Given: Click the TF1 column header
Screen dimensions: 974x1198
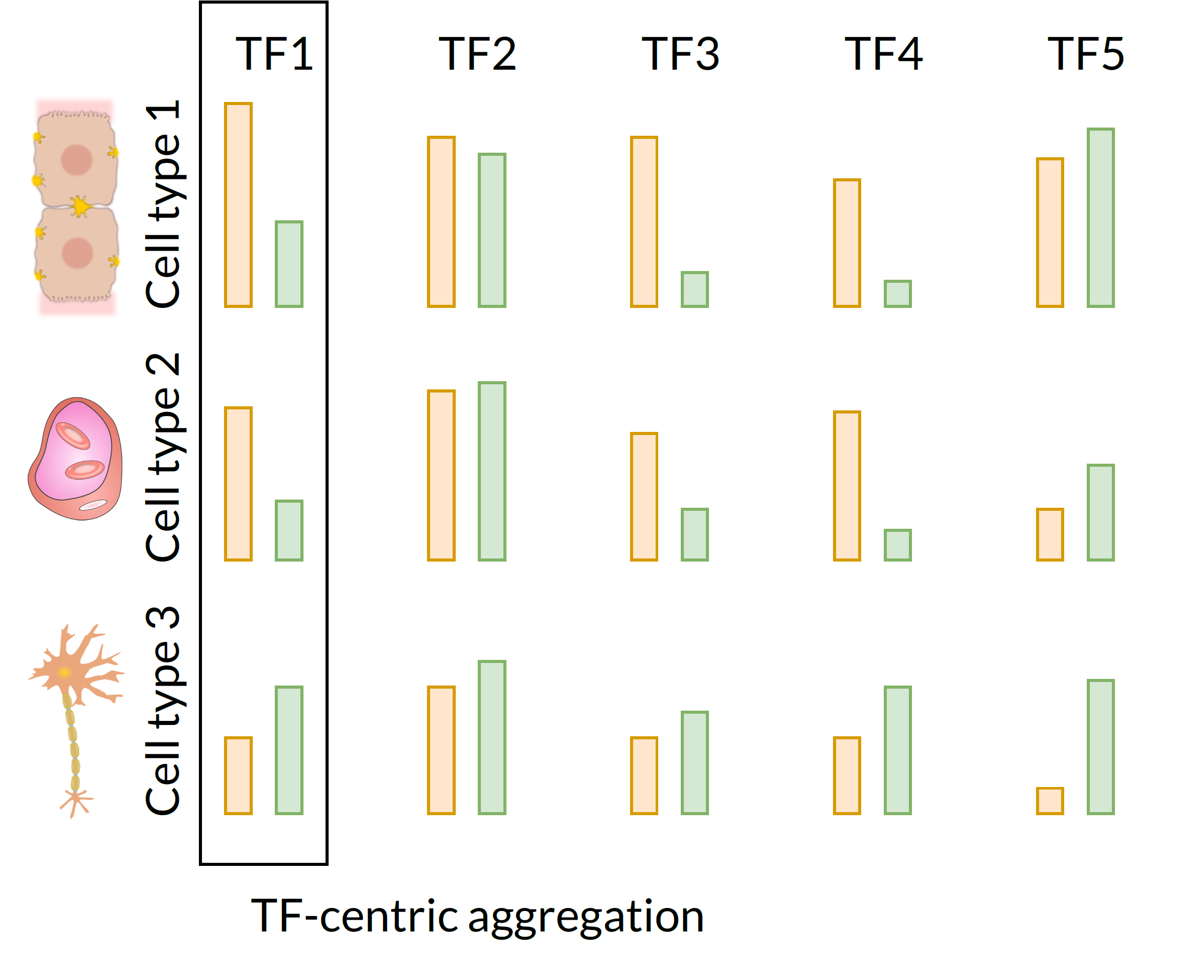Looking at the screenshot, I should (273, 54).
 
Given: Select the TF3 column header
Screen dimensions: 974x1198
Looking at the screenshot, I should (680, 54).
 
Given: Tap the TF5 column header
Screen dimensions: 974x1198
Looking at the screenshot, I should (1085, 54).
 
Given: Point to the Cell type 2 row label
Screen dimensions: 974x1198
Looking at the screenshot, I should (163, 457).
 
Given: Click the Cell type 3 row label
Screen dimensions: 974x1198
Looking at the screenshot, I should (163, 710).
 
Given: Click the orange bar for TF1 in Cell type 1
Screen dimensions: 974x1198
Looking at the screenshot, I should (238, 205).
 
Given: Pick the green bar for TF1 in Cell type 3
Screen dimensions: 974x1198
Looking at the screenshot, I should (289, 750).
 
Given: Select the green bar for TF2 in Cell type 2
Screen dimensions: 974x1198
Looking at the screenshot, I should (492, 471).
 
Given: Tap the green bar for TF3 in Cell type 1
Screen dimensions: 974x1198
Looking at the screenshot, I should (695, 289).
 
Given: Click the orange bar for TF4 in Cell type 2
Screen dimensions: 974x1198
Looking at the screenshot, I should (846, 486).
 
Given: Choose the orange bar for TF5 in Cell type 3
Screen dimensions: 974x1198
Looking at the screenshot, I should (1049, 801).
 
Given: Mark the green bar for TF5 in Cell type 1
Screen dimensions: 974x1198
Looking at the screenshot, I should (1100, 218).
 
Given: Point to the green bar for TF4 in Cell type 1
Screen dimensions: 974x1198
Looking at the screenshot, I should (897, 294).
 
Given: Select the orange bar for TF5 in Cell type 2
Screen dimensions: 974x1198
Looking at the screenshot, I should (1049, 534).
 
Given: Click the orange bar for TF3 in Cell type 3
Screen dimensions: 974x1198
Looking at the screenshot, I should (643, 775).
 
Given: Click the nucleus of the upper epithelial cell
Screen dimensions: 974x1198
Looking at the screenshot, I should (77, 160).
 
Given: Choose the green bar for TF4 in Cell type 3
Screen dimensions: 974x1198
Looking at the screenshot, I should (897, 750).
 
